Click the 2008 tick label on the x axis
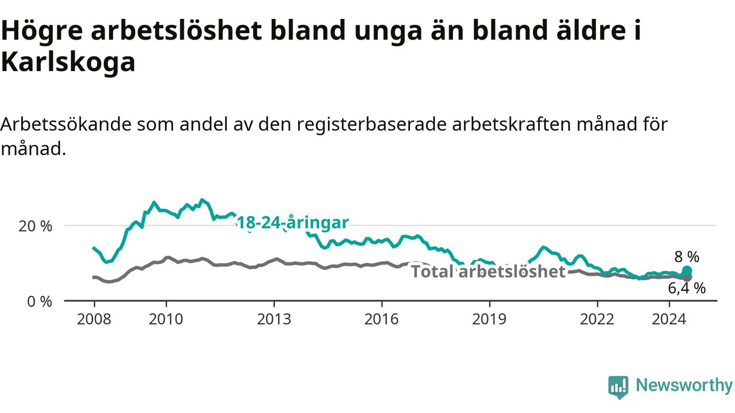94,320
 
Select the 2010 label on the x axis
166,320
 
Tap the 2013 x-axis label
274,320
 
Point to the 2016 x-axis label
382,320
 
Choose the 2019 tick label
489,320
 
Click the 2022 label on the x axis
597,320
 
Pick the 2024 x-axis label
669,320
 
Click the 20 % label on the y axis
36,226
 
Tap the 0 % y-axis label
40,302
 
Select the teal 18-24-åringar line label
292,223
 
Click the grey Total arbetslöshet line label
488,272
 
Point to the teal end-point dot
687,271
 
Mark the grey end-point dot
687,278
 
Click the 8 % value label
687,257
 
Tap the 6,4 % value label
687,289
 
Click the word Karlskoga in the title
68,63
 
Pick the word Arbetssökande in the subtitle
66,124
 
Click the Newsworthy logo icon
618,387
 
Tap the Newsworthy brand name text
684,386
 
